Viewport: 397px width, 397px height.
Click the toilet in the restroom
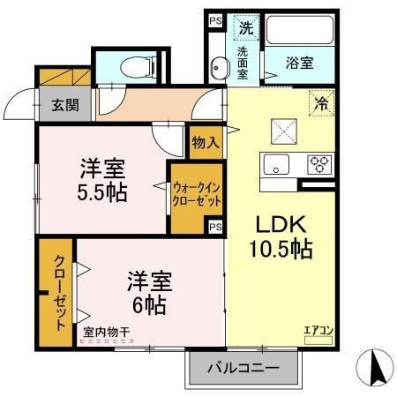point(139,67)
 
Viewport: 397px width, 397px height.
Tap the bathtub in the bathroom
point(300,30)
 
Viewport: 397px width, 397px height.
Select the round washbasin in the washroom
point(220,68)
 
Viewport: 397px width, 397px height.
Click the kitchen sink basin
point(276,164)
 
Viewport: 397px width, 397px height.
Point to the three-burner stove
point(319,164)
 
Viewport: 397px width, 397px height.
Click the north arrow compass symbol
point(375,367)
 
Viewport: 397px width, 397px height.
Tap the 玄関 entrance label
point(65,105)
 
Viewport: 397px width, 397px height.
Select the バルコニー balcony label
point(243,368)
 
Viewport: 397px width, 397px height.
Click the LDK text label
point(281,225)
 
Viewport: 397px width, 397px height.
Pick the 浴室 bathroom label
point(300,63)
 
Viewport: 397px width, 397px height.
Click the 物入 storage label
point(206,143)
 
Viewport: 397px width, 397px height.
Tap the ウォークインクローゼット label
point(197,194)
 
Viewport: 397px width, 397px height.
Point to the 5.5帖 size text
point(102,192)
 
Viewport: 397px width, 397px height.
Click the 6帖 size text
point(149,305)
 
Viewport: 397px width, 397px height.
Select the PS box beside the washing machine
point(215,21)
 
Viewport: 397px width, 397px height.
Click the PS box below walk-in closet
point(215,227)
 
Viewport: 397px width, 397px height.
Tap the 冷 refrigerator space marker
point(322,103)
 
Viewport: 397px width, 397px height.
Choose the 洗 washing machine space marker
point(246,27)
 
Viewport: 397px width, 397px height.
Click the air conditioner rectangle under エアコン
point(318,341)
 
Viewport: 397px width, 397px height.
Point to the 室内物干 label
point(107,333)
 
